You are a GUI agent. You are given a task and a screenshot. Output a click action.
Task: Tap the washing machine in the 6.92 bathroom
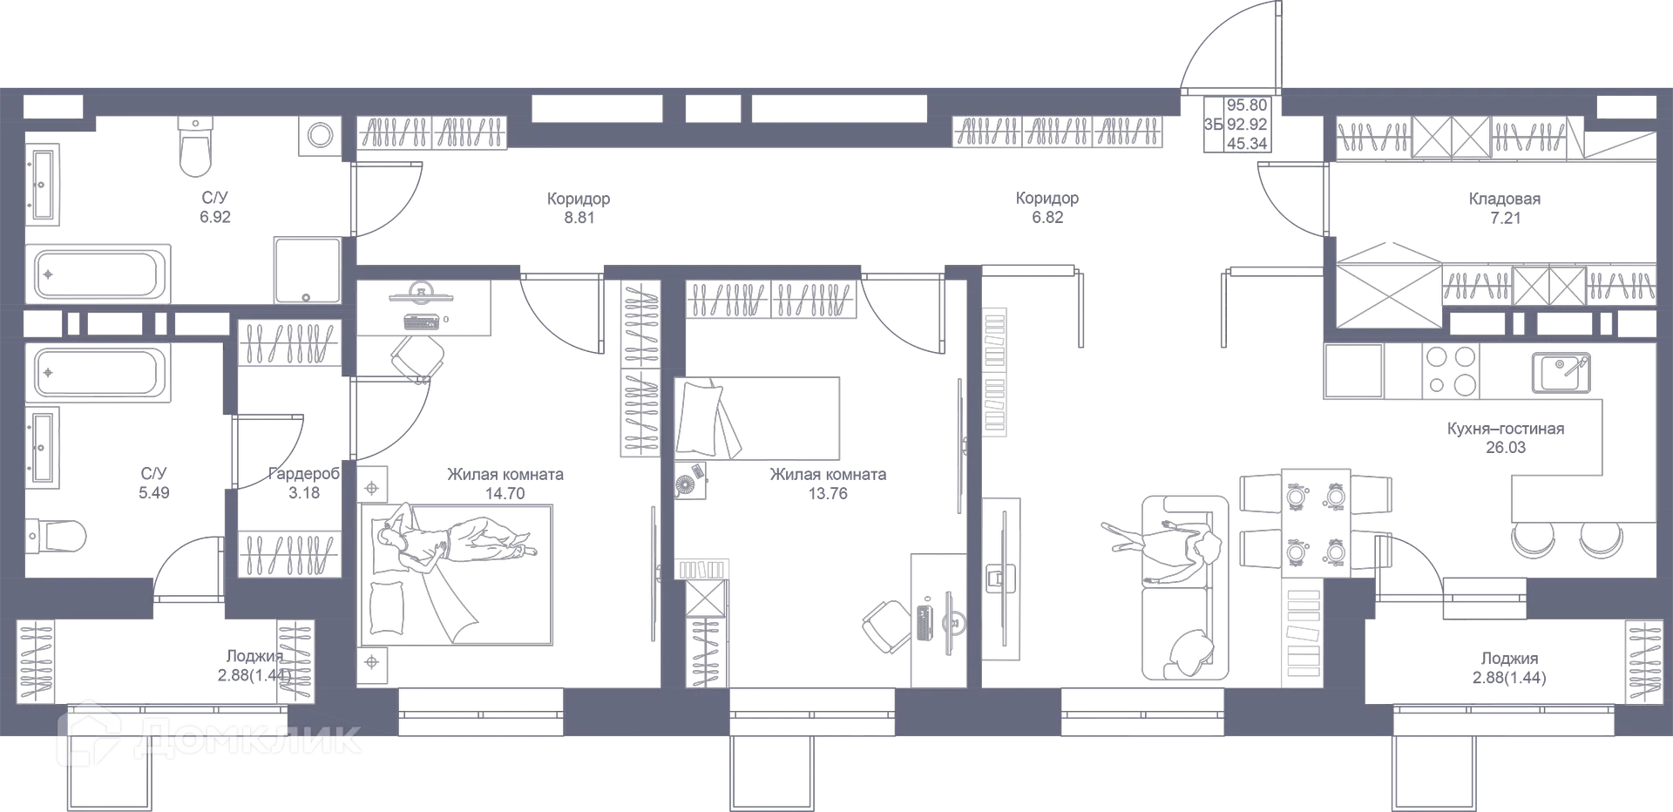coord(320,136)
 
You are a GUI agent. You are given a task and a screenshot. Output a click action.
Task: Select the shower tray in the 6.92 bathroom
coord(308,270)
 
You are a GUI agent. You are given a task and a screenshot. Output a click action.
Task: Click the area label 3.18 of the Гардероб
coord(304,493)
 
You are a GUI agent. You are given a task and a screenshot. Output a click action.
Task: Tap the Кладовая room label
coord(1505,199)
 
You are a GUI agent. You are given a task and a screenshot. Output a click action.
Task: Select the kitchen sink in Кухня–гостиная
coord(1561,373)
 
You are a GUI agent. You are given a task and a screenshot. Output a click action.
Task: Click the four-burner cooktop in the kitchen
coord(1450,370)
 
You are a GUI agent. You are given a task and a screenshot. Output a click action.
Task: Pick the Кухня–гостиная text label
coord(1506,429)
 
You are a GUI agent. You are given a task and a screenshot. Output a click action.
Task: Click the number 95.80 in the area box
coord(1247,105)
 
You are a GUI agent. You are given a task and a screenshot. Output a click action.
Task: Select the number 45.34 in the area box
coord(1247,144)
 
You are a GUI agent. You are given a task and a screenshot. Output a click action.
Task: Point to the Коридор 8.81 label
coord(579,208)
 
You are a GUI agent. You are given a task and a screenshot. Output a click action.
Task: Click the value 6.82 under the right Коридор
coord(1047,218)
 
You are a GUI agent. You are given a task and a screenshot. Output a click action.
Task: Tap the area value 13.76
coord(828,494)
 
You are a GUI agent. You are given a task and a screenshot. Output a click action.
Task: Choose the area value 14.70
coord(505,494)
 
